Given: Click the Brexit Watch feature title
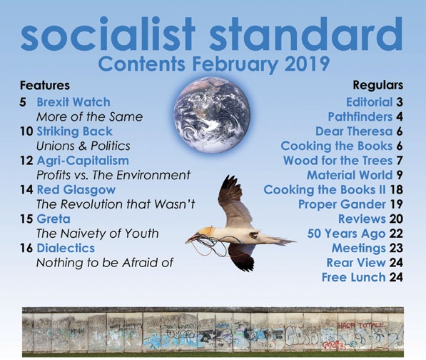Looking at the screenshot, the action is click(x=73, y=102).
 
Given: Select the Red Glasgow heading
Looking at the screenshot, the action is click(x=76, y=190).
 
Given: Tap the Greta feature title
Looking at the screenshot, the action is click(x=54, y=219).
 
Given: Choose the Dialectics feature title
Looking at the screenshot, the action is click(x=66, y=248).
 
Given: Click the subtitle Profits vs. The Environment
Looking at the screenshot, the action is click(x=113, y=176).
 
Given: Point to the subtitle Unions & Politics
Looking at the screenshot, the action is click(x=83, y=146).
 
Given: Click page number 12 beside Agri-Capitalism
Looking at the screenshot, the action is click(x=26, y=161).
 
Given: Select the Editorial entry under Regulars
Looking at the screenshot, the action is click(x=369, y=102).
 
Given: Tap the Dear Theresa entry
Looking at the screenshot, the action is click(x=354, y=131).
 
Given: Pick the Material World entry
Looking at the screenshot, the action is click(x=350, y=175).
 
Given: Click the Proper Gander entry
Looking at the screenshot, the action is click(x=342, y=204).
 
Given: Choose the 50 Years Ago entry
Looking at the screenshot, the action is click(x=346, y=234).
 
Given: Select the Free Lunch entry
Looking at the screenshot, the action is click(x=354, y=277).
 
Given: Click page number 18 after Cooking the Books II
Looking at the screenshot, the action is click(x=396, y=190).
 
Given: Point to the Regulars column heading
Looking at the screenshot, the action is click(x=378, y=86).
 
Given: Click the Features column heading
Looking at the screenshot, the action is click(x=45, y=86).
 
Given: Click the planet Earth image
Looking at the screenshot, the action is click(x=212, y=114).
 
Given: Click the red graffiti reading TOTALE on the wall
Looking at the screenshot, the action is click(x=371, y=325).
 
